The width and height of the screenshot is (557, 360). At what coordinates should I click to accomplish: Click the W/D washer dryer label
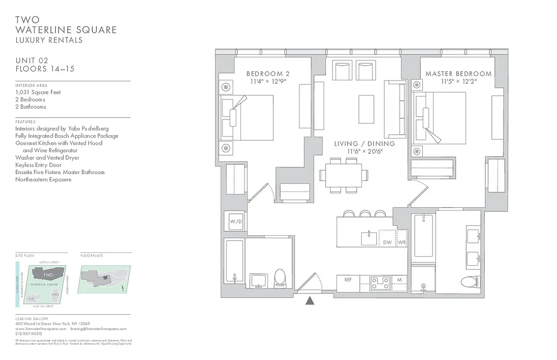tap(235, 221)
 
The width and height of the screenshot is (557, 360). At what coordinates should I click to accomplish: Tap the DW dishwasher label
tap(387, 242)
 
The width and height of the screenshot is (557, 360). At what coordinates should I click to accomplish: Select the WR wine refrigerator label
tap(402, 242)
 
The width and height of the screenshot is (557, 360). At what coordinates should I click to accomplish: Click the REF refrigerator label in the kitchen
tap(348, 279)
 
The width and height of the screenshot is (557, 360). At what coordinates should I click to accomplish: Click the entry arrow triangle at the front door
tap(310, 301)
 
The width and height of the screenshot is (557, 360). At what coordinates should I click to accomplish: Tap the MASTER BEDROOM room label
tap(458, 73)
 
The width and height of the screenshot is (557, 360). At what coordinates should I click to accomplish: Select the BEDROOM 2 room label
tap(265, 73)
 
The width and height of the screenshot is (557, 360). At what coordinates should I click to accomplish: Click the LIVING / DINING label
tap(364, 144)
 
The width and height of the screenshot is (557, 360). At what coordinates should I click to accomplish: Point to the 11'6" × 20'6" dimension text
tap(364, 151)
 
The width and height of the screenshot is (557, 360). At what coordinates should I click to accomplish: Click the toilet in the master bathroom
tap(471, 282)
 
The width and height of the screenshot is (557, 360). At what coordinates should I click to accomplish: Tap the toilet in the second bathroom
tap(280, 278)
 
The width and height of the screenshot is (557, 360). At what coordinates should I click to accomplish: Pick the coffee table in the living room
tap(366, 109)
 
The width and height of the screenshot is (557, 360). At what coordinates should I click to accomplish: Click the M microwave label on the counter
tap(399, 279)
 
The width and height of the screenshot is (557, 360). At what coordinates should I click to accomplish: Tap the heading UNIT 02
tap(32, 60)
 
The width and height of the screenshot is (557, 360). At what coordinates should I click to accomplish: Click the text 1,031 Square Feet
tap(38, 92)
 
